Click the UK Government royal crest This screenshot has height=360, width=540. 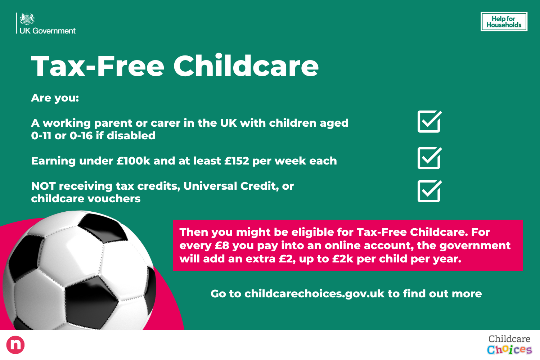coord(27,19)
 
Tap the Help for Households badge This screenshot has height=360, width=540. coord(504,22)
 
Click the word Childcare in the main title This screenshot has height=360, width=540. coord(246,66)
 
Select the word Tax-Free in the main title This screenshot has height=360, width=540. coord(98,66)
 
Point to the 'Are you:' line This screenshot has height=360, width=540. coord(55,98)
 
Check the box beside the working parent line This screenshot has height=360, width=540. coord(429,122)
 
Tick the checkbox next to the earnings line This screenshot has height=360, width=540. coord(429,158)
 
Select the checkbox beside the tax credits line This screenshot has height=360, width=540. coord(429,191)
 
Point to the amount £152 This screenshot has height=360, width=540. coord(237,161)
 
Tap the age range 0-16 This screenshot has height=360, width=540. coord(81,136)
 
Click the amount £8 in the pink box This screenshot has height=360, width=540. coord(222,246)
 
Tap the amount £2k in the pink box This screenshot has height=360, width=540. coord(342,259)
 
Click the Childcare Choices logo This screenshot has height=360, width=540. coord(509,345)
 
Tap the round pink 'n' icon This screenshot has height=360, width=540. coord(15,345)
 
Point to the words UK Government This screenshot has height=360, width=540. coord(48,31)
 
